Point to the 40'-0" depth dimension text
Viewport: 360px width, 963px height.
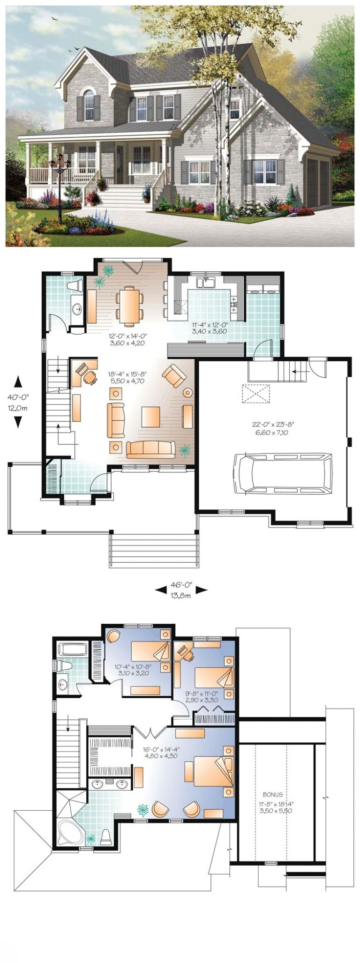[17, 396]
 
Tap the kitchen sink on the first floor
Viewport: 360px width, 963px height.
[206, 282]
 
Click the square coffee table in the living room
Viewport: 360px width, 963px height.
[150, 417]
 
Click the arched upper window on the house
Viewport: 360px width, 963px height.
[89, 104]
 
